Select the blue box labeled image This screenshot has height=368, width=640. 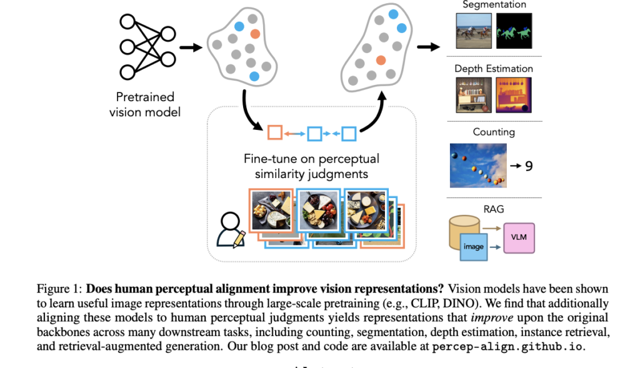tap(474, 246)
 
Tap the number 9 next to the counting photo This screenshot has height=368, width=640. tap(528, 166)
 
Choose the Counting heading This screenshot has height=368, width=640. tap(494, 132)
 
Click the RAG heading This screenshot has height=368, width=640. tap(494, 209)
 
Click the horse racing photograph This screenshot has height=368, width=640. tap(473, 31)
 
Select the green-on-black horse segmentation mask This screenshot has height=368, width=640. tap(514, 31)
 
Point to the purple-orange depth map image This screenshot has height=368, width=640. tap(514, 95)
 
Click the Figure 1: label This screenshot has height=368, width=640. tap(59, 289)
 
